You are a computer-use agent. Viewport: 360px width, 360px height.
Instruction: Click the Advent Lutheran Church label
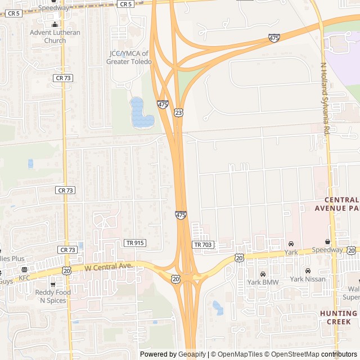(x=55, y=37)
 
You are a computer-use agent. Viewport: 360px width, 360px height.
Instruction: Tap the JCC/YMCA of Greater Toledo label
(x=129, y=57)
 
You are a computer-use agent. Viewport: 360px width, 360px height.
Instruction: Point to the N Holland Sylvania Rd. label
(x=325, y=98)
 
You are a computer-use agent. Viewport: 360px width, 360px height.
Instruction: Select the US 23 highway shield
(x=178, y=112)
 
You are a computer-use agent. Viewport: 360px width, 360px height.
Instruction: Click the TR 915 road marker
(x=134, y=243)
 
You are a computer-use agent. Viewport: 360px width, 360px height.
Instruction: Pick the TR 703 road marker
(x=202, y=245)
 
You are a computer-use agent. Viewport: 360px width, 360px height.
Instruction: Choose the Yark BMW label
(x=263, y=282)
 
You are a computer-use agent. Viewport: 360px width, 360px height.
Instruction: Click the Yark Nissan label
(x=308, y=279)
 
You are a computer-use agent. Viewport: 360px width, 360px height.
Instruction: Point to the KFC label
(x=24, y=278)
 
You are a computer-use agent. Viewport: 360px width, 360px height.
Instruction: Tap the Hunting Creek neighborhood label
(x=339, y=317)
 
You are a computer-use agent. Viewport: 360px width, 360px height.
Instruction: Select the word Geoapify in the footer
(x=192, y=354)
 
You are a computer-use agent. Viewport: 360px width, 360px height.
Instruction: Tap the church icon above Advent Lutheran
(x=55, y=25)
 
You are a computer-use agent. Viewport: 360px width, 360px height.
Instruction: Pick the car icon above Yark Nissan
(x=308, y=271)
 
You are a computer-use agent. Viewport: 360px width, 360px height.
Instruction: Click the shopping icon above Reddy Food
(x=53, y=284)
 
